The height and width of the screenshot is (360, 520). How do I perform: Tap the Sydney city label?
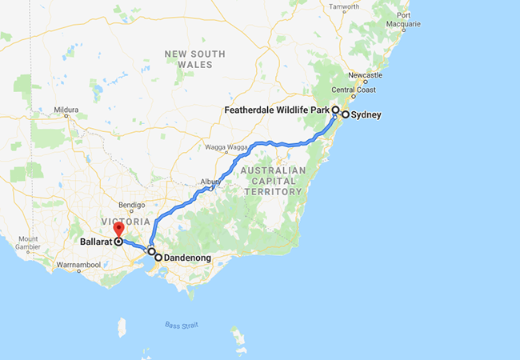tap(366, 115)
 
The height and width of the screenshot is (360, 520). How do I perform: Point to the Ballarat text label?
tap(96, 240)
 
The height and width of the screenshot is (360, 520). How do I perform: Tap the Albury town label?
tap(210, 182)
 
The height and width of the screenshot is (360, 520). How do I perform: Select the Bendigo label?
tap(130, 205)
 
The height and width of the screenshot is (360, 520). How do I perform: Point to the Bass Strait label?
tap(180, 324)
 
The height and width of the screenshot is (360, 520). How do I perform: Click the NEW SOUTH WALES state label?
tap(195, 59)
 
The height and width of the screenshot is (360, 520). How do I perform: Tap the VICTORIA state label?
tap(126, 220)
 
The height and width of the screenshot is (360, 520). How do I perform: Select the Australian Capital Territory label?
tap(273, 181)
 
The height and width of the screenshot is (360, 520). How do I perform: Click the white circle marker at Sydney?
tap(346, 115)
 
